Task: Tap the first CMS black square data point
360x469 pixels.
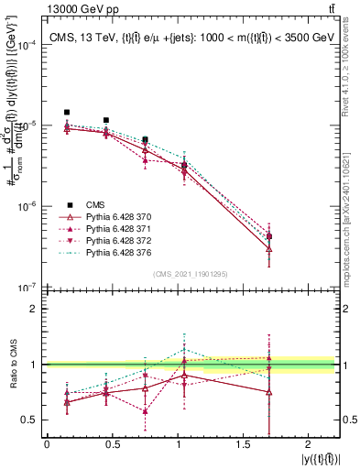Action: click(67, 113)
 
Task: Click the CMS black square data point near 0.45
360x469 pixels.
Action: click(106, 120)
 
